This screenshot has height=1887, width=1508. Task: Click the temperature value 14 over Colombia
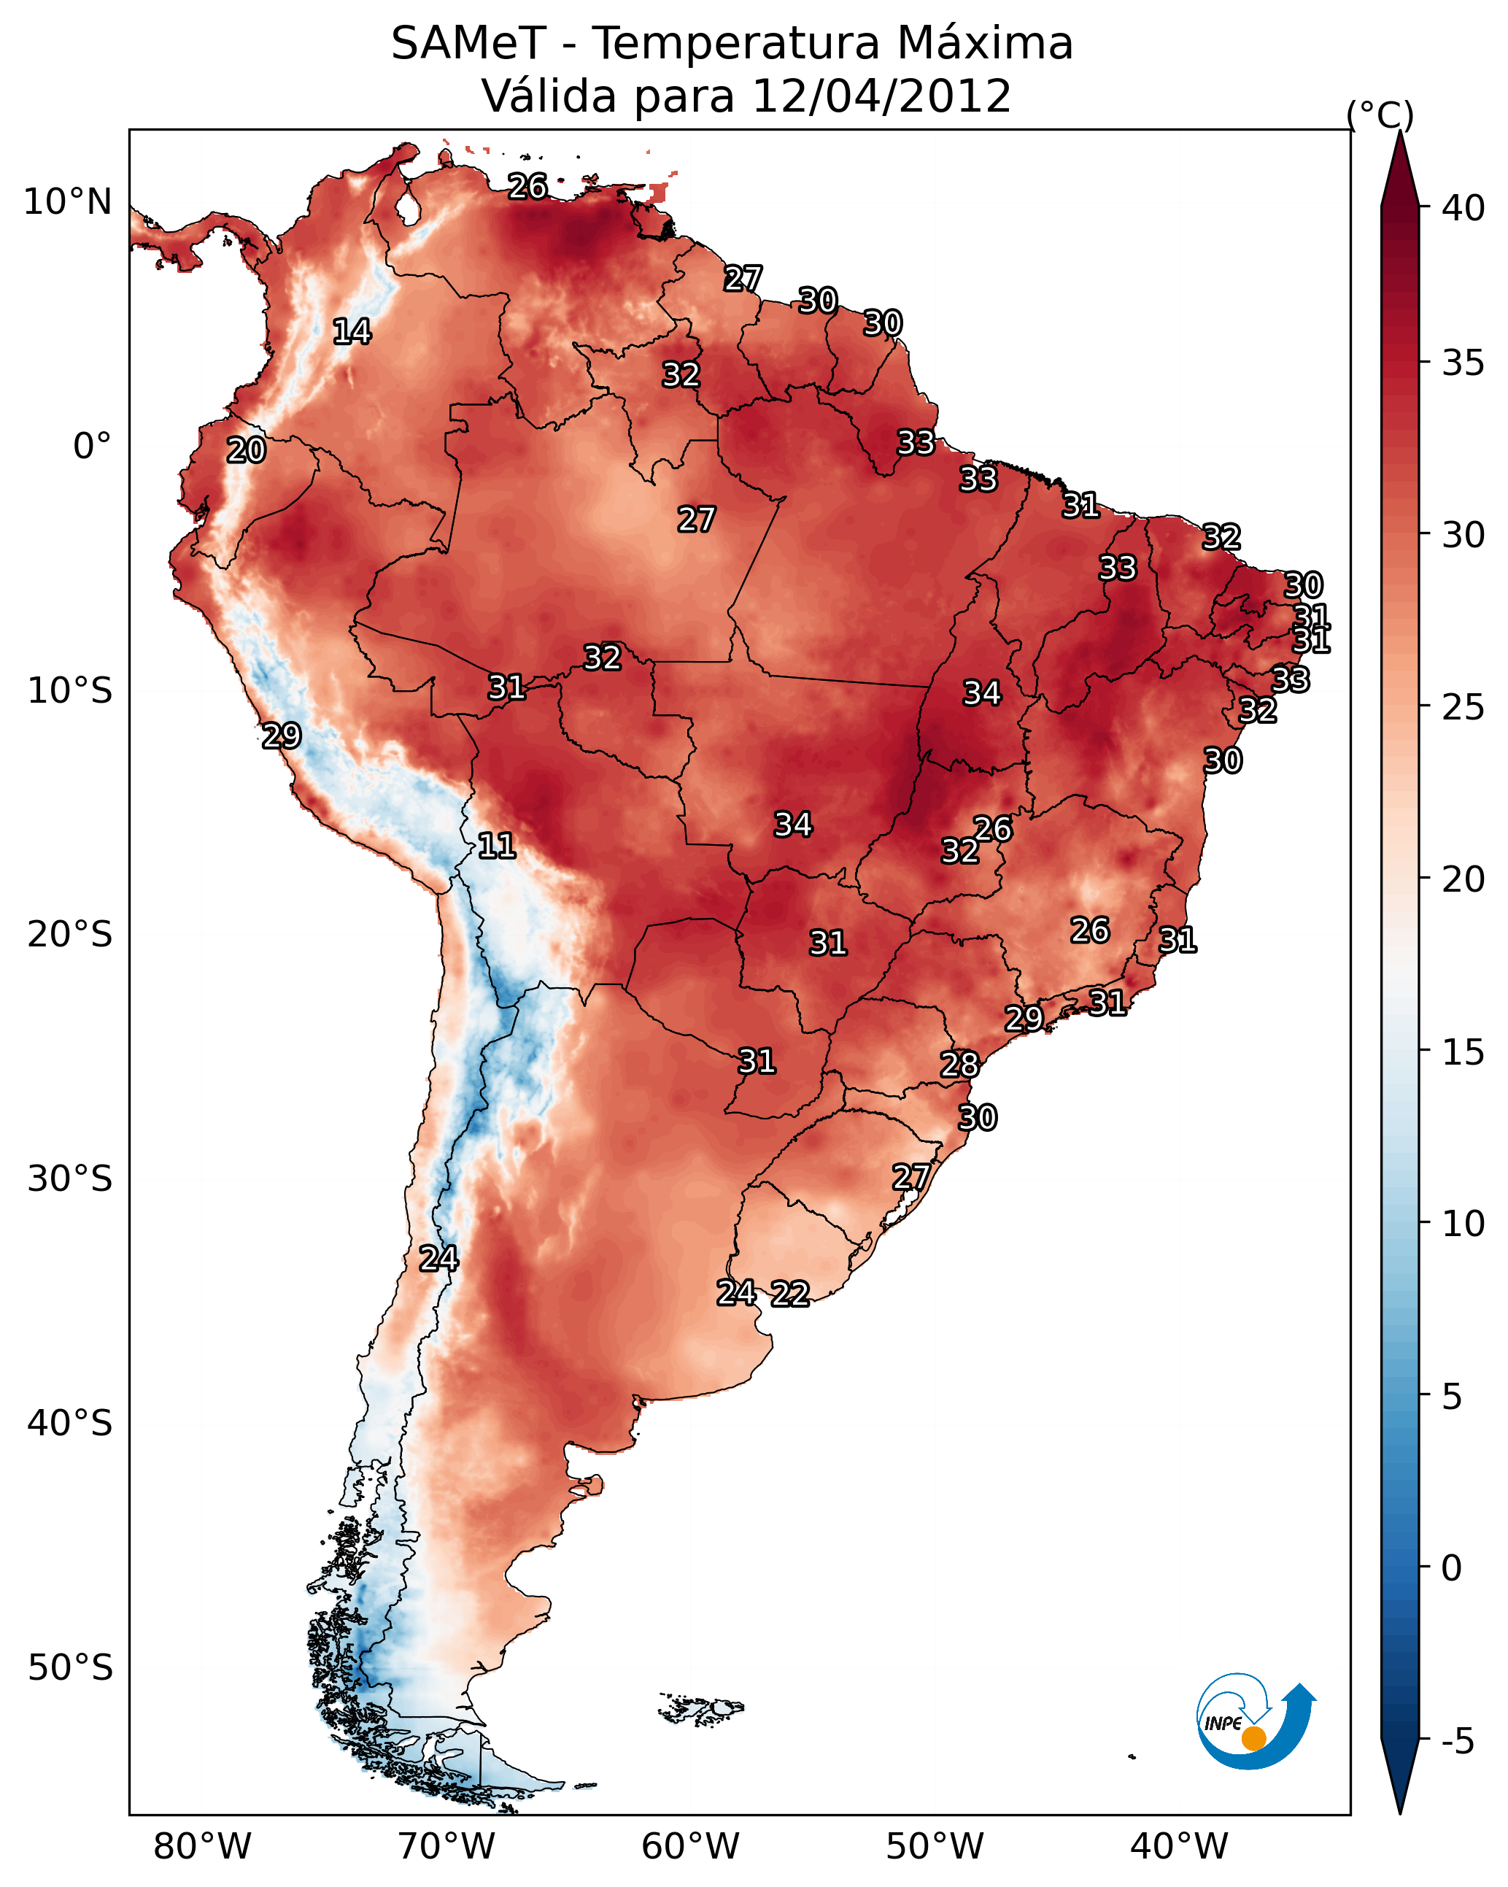352,332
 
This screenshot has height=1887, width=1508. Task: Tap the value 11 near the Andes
496,846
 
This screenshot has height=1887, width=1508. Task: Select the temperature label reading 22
790,1294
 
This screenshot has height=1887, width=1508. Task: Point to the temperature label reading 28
959,1065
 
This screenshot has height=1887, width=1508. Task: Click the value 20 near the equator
246,451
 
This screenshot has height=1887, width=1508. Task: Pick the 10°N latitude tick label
67,202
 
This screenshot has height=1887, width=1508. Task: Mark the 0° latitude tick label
92,447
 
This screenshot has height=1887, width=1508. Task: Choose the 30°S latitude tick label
70,1179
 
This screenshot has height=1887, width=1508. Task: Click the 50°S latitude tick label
70,1668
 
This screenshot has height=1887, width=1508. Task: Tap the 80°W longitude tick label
202,1846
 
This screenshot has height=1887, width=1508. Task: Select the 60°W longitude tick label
691,1846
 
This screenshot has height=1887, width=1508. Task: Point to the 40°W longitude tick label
1179,1846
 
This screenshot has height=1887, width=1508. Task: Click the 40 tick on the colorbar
1463,208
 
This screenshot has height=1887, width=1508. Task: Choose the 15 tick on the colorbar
1463,1052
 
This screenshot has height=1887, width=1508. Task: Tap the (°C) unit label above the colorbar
1380,115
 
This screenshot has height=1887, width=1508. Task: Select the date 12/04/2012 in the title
881,96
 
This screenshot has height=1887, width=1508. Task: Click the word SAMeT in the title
468,43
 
